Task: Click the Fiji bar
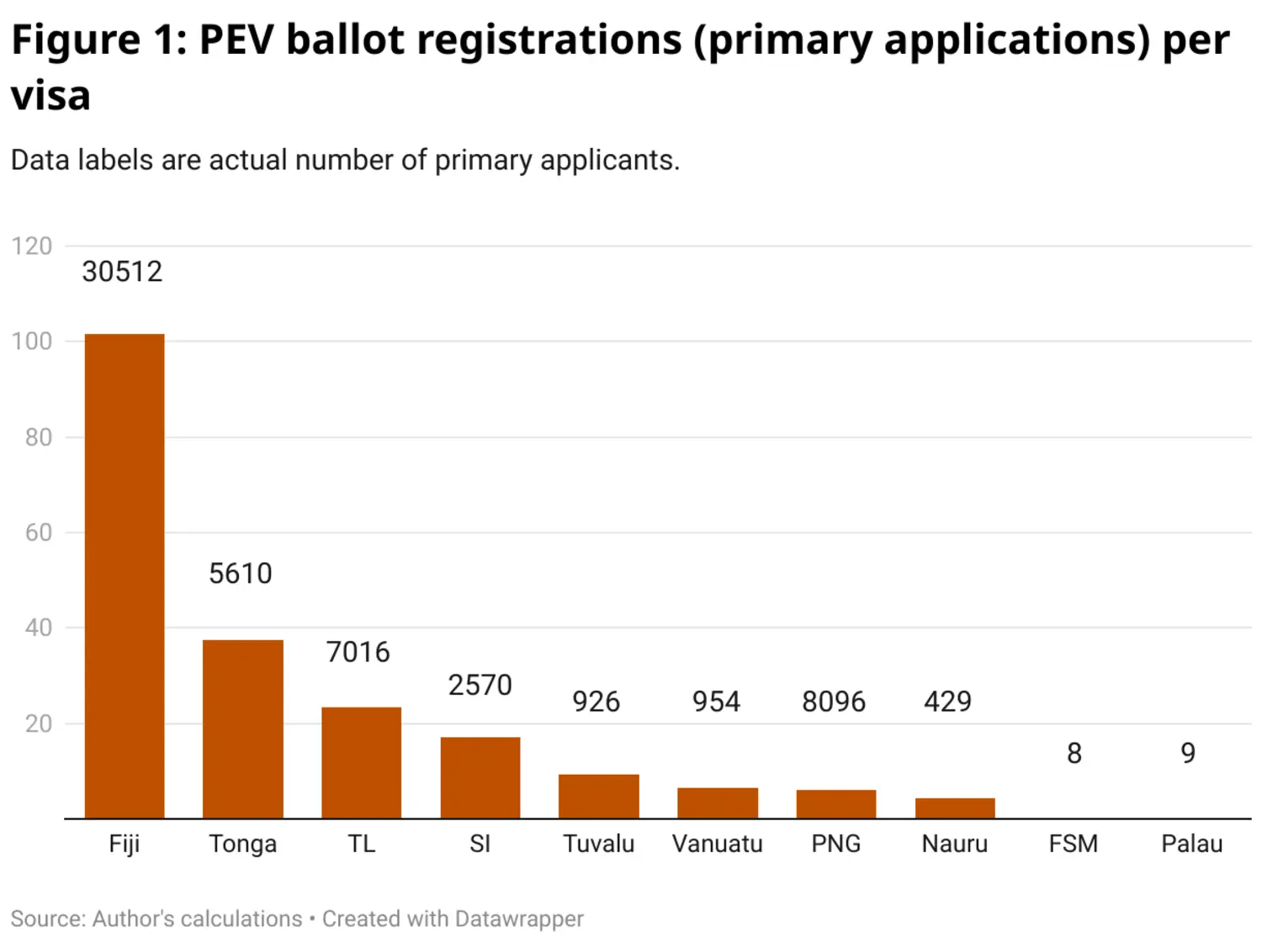click(125, 575)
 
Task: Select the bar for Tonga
click(243, 728)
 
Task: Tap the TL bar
click(362, 762)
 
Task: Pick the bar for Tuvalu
click(599, 796)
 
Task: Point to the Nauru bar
click(955, 808)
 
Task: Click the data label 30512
click(122, 272)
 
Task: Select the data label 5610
click(241, 574)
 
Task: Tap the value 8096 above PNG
click(834, 702)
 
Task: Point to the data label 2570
click(480, 686)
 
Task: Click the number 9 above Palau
click(1188, 753)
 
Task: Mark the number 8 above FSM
click(1074, 753)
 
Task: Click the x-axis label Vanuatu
click(718, 844)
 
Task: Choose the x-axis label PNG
click(836, 844)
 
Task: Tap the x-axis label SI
click(480, 844)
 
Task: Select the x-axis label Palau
click(1192, 844)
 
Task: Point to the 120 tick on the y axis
click(32, 246)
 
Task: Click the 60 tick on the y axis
click(39, 532)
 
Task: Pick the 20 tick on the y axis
click(39, 723)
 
